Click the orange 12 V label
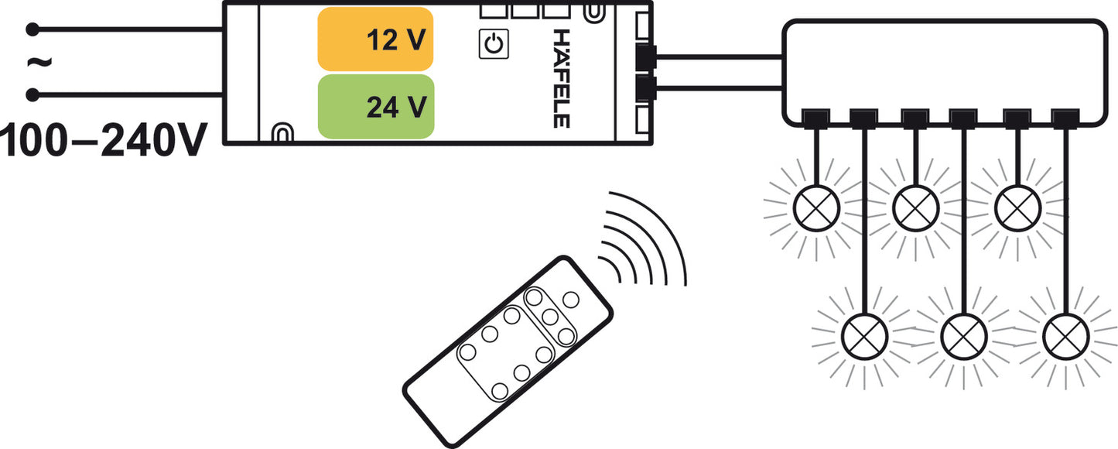[375, 39]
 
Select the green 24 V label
[376, 106]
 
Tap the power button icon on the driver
[494, 44]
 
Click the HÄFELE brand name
[562, 78]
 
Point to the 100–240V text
[104, 140]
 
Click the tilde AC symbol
[39, 63]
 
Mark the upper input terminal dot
[32, 29]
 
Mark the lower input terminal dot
[32, 94]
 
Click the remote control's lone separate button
[570, 300]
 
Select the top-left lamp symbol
[816, 208]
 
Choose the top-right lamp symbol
[1017, 208]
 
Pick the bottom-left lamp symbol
[864, 337]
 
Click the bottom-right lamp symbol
[1065, 337]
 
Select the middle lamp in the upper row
[916, 208]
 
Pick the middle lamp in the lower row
[964, 337]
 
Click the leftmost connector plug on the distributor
[816, 119]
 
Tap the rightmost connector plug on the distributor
[1065, 119]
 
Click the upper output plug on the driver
[646, 57]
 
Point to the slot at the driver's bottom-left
[282, 133]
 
